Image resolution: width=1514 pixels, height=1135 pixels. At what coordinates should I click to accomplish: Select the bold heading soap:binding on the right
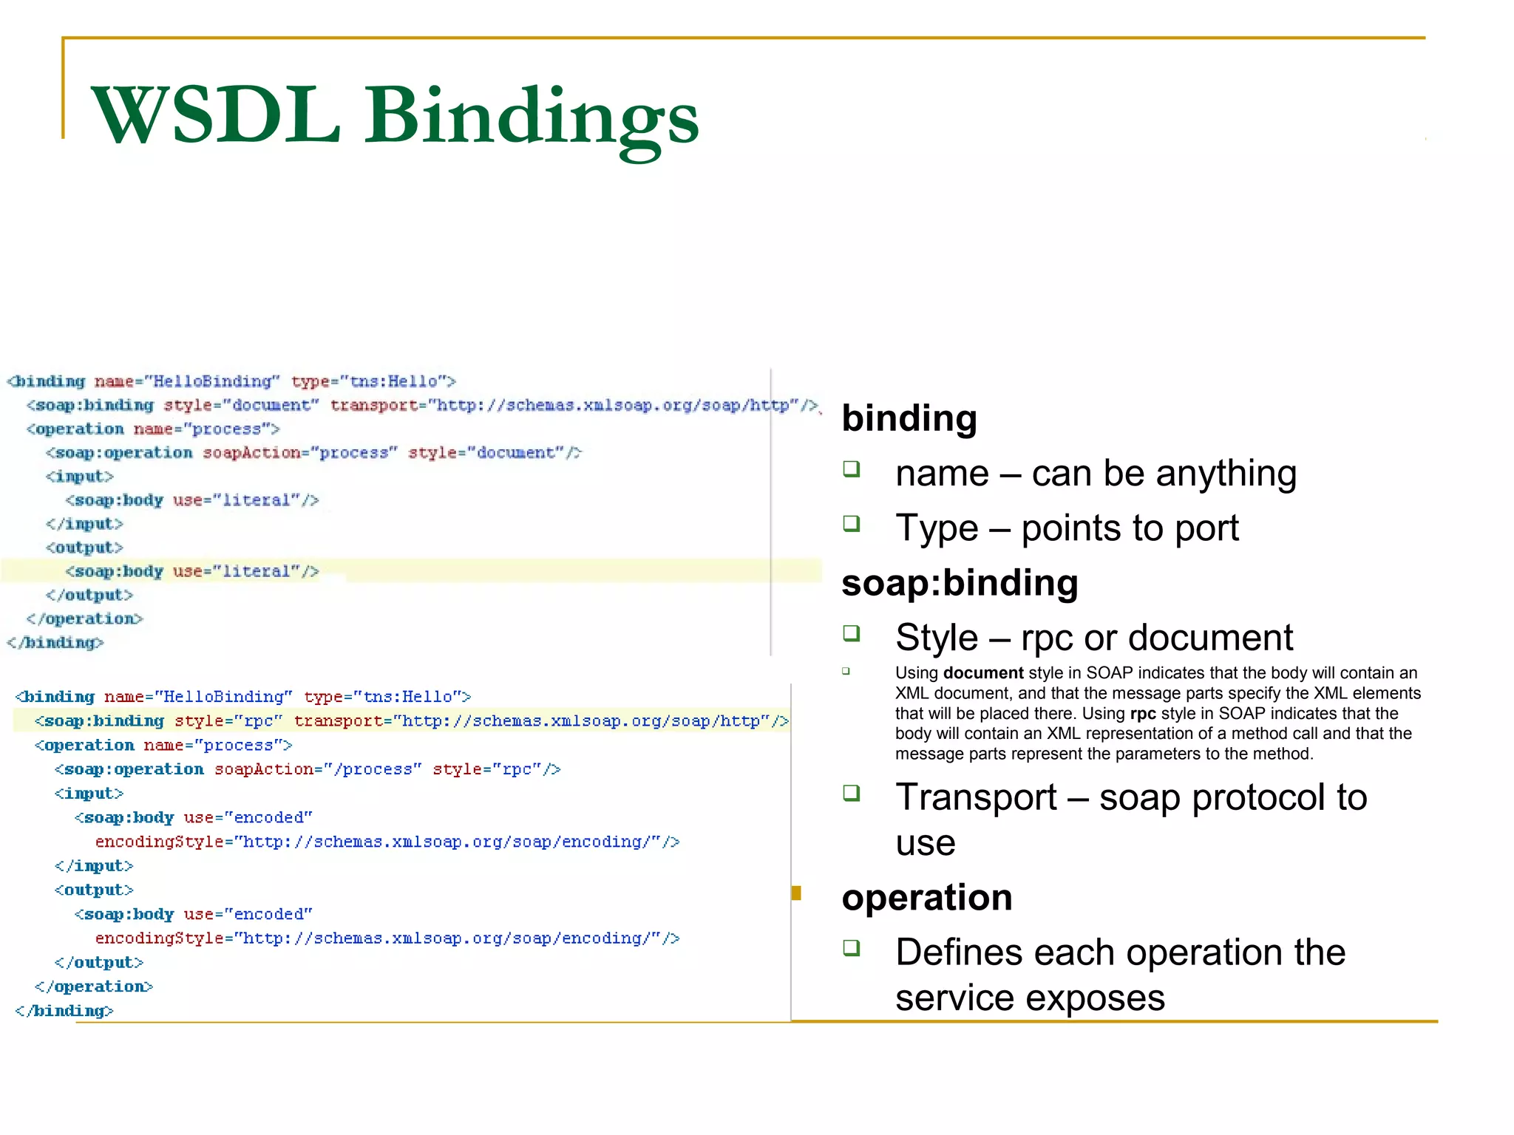960,583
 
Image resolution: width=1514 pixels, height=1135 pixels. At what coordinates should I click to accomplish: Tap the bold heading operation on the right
927,898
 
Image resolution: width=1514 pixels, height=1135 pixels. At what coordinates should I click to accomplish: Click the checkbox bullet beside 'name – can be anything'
852,469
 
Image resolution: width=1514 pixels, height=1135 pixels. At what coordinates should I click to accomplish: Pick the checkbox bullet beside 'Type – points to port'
852,524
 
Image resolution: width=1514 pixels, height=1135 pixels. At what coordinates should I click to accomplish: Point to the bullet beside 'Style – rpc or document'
852,633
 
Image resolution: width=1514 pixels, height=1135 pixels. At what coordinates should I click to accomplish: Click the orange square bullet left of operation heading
796,893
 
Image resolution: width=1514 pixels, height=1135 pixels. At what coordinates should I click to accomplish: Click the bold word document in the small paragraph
983,673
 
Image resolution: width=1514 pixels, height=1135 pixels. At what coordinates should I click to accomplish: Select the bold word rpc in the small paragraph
1143,714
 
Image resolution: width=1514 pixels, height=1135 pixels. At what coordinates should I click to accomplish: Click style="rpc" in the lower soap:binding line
228,721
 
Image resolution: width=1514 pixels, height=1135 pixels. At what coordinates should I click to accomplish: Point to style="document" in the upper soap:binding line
241,406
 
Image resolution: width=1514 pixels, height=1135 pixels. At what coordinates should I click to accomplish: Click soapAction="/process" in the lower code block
317,769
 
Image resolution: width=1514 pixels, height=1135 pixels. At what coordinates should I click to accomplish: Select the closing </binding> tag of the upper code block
55,643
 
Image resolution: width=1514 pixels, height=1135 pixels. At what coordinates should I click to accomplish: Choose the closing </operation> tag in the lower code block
94,987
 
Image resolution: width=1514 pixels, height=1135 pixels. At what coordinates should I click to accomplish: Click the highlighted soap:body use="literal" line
192,572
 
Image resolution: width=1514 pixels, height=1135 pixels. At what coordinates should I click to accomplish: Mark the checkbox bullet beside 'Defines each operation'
852,948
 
